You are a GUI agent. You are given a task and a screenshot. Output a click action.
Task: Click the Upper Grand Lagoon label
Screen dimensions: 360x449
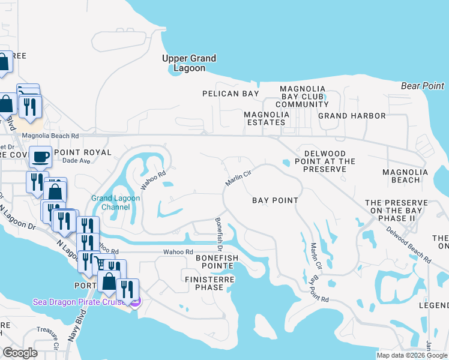189,63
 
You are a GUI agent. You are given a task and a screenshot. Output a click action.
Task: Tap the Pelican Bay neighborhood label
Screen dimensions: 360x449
231,94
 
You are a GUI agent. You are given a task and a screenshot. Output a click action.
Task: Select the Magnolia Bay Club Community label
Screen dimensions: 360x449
303,97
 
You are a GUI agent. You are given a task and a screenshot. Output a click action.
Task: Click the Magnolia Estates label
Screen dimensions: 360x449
264,118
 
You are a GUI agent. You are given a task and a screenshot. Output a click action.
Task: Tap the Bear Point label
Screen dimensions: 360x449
423,86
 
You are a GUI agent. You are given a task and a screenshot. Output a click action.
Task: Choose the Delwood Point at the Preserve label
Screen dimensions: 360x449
325,166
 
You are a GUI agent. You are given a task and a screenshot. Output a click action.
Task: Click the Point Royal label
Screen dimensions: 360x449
83,152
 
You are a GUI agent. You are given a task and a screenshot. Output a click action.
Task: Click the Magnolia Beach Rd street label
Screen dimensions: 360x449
50,136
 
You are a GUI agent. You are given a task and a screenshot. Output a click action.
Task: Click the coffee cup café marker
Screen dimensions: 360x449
40,157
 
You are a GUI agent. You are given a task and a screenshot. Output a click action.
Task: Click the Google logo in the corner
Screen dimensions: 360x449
20,353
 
